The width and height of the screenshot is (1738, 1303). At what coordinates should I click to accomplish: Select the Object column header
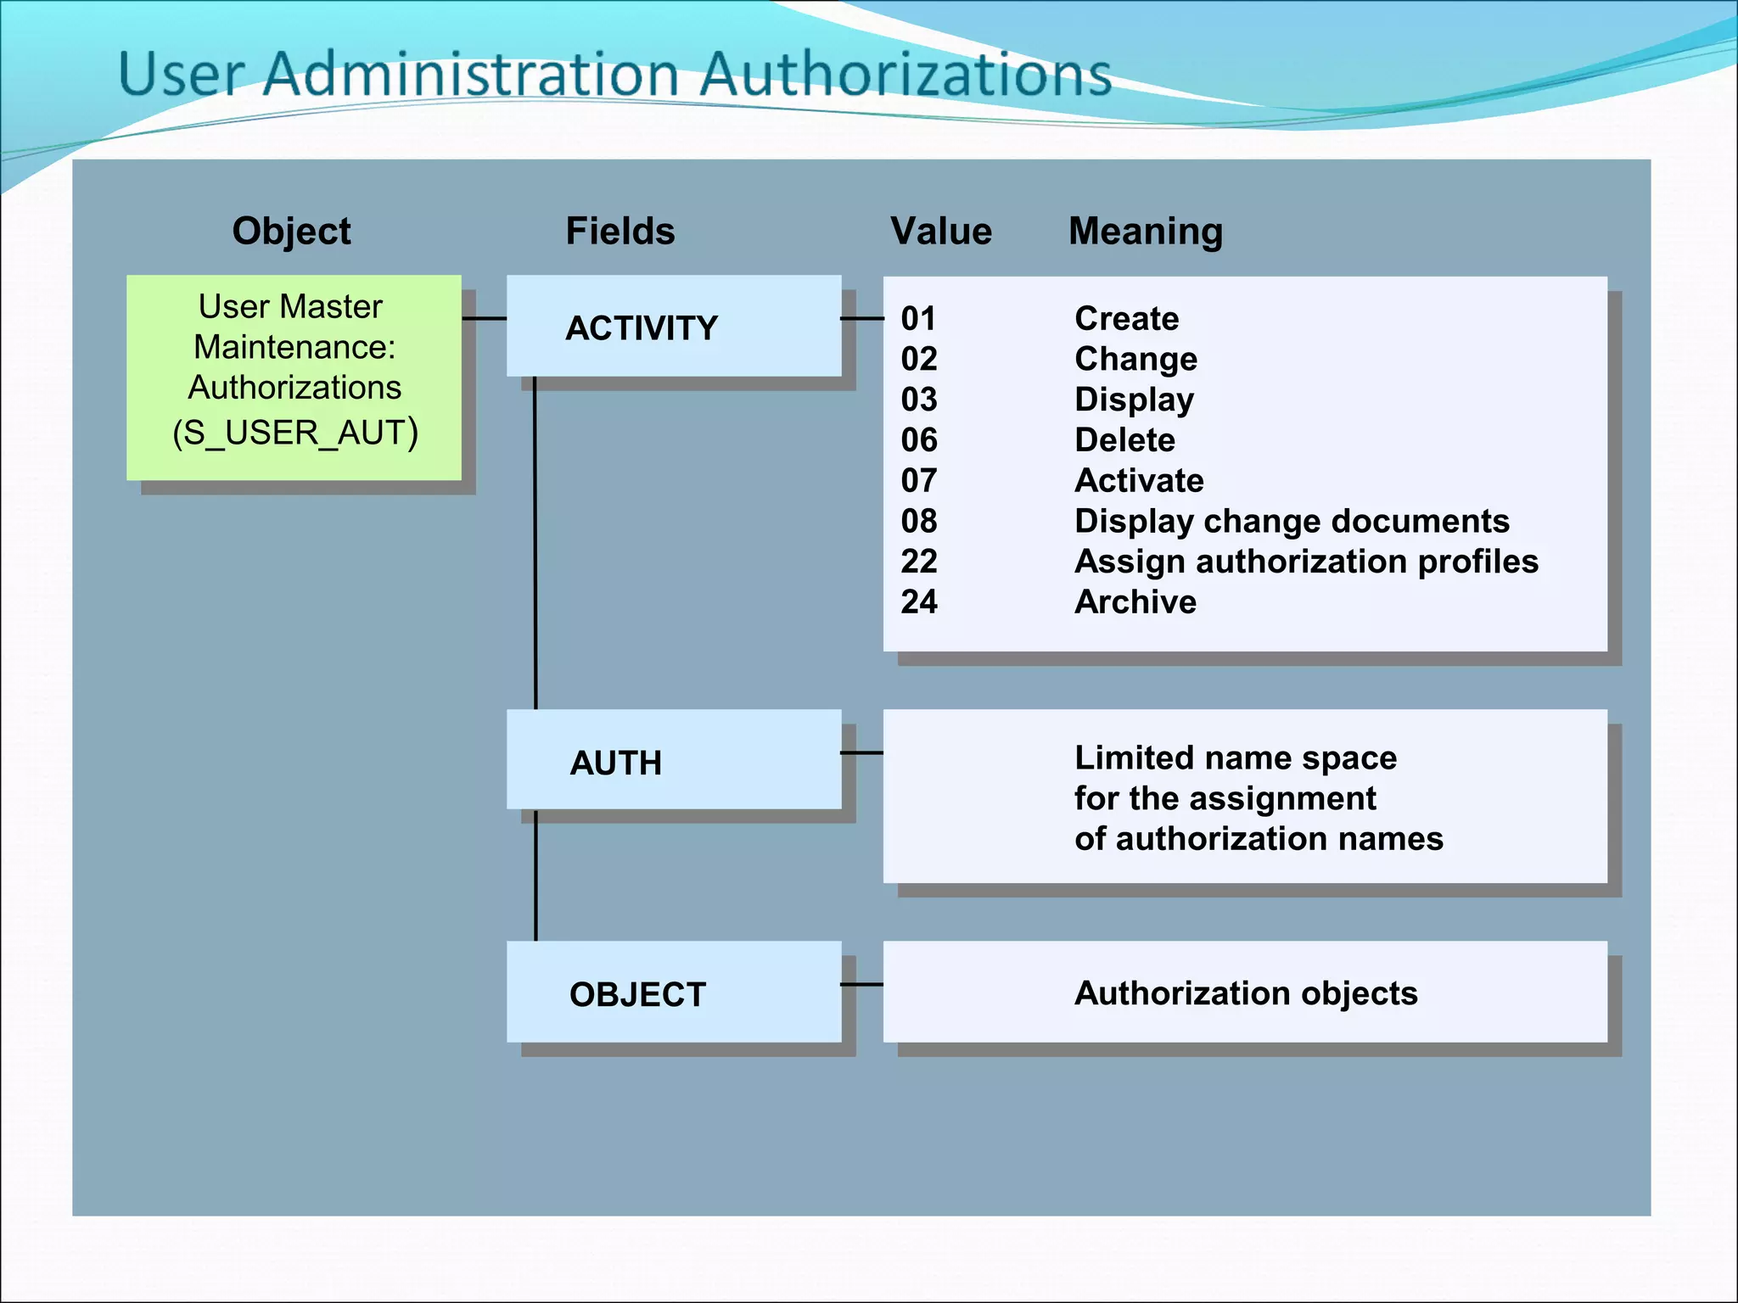[291, 232]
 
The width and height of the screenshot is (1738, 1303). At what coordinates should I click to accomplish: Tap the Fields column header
[620, 232]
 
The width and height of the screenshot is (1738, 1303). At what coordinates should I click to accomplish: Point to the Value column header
[941, 232]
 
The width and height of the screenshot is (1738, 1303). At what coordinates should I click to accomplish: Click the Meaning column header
[1146, 232]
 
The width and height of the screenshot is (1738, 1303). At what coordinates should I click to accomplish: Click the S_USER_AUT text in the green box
[294, 433]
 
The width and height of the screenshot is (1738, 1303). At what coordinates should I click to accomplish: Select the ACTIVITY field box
[673, 327]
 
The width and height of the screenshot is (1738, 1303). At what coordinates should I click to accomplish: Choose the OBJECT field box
[673, 992]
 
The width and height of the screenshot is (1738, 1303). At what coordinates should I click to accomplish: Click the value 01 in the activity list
[918, 319]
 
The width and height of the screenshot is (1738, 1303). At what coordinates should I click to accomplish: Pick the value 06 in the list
[919, 440]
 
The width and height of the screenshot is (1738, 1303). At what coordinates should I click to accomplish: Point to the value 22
[919, 562]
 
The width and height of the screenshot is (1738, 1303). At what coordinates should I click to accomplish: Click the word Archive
[1135, 602]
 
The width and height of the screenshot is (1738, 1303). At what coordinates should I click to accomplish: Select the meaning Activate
[1139, 481]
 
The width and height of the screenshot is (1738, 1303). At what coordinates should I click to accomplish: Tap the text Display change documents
[1292, 522]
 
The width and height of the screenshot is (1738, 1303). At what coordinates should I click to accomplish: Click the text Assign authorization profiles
[1306, 562]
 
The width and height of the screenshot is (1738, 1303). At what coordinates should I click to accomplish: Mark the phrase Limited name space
[1235, 758]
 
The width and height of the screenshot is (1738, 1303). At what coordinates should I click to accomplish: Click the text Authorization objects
[1246, 993]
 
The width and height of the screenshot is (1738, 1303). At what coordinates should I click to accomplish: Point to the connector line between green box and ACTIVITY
[485, 319]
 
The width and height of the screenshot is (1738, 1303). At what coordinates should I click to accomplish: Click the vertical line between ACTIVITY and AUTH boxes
[535, 543]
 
